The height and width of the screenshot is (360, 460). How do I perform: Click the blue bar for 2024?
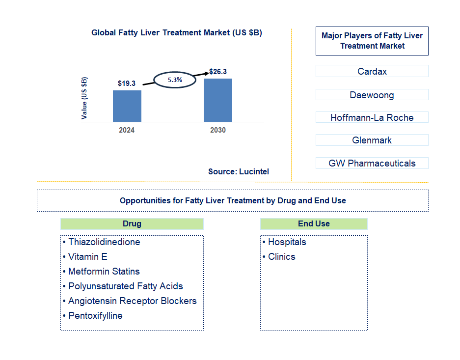(127, 106)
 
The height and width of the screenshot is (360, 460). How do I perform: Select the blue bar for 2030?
(217, 100)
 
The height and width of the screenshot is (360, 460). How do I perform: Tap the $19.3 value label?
(127, 83)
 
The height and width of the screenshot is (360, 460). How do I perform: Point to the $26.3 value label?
(218, 72)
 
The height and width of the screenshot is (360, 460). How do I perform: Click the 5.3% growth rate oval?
(175, 79)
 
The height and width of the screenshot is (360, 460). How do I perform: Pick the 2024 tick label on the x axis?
(127, 131)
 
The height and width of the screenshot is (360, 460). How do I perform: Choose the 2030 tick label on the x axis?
(217, 131)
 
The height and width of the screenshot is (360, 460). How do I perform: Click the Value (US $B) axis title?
(84, 98)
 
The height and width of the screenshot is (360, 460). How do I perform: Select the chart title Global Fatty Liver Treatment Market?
(177, 33)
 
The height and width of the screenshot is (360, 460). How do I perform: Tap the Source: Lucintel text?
(239, 171)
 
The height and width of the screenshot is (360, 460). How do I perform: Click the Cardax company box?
(372, 71)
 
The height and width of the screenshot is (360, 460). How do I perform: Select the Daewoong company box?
(372, 95)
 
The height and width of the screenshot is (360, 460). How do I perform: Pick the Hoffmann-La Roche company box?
(372, 117)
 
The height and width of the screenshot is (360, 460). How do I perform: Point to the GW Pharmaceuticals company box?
(372, 163)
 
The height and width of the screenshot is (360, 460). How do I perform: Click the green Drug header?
(132, 224)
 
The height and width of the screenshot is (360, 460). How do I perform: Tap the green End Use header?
(314, 224)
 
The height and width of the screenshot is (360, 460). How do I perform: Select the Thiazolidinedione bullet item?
(104, 242)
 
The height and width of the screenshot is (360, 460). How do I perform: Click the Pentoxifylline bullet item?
(95, 315)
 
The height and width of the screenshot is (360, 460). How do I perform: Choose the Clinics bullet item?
(281, 257)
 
